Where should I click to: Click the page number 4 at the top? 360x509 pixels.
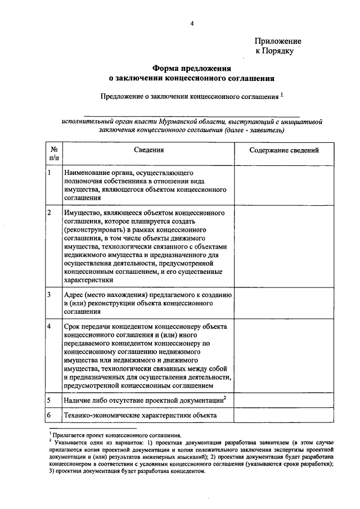coord(191,23)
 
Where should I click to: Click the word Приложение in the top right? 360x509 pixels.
coord(278,41)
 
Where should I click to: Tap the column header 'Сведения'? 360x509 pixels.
coord(148,150)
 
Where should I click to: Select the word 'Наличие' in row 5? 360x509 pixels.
coord(78,400)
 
